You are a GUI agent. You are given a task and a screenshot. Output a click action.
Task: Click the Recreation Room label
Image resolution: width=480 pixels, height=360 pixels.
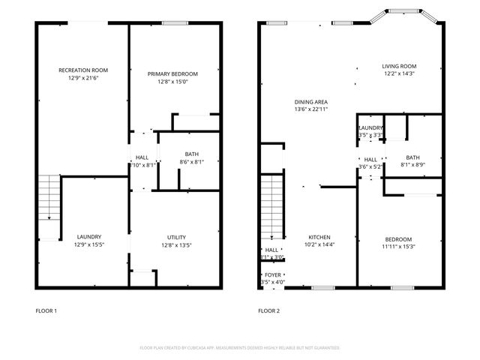(79, 70)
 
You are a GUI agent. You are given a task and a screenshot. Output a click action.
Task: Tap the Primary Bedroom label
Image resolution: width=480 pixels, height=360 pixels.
(172, 73)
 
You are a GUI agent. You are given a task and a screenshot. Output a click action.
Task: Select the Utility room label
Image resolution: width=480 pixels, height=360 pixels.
(177, 237)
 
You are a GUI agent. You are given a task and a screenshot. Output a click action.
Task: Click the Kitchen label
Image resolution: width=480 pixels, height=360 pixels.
(319, 237)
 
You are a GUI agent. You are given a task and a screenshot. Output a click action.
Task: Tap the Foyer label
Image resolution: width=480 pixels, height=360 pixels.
(273, 275)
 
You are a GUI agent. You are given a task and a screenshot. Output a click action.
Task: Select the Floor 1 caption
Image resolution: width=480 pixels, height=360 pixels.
(46, 310)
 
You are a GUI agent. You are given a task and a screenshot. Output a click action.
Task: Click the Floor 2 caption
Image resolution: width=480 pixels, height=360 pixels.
(268, 310)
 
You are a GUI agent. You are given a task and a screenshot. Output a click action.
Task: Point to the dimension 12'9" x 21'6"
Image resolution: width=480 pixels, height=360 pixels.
(79, 78)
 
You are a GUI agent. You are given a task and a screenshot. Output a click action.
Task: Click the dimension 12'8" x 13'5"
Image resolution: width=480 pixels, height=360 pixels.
(177, 244)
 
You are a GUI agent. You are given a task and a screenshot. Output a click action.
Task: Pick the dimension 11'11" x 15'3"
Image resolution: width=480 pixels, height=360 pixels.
(398, 247)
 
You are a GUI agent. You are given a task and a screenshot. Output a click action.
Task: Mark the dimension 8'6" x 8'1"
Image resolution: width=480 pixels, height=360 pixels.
(192, 162)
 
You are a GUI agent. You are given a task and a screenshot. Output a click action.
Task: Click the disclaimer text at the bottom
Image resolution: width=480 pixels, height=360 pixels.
(240, 348)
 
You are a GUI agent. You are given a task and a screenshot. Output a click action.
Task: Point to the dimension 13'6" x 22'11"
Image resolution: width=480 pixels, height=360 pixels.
(311, 109)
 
